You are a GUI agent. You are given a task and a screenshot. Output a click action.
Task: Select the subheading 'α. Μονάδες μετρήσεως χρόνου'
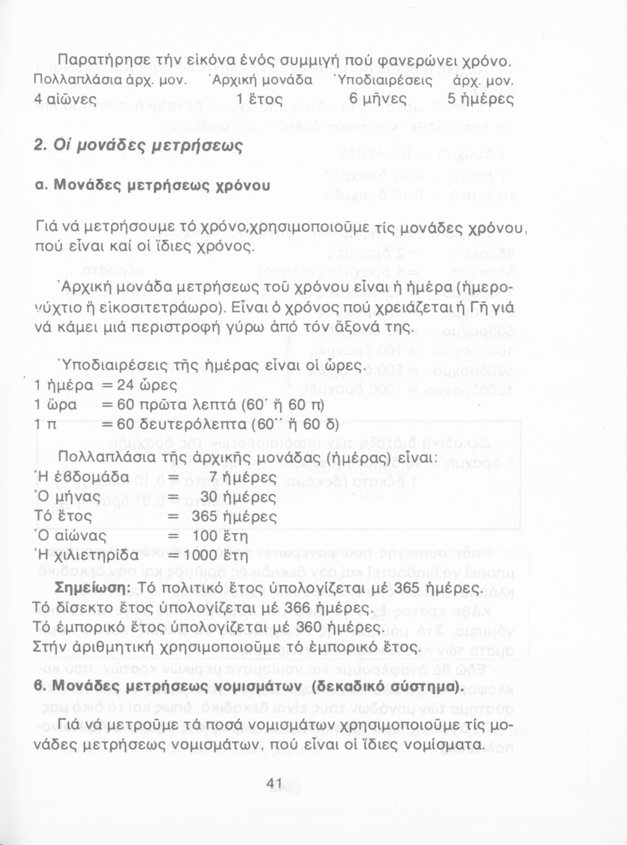point(152,185)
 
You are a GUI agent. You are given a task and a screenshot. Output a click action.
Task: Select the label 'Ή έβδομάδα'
point(82,478)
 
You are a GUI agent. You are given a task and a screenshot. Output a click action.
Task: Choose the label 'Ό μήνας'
point(68,497)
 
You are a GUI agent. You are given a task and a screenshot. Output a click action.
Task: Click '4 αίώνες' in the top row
point(65,99)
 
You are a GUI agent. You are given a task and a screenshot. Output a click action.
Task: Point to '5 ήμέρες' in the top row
point(481,99)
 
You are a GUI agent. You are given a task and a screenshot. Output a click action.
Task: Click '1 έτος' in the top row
point(256,99)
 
